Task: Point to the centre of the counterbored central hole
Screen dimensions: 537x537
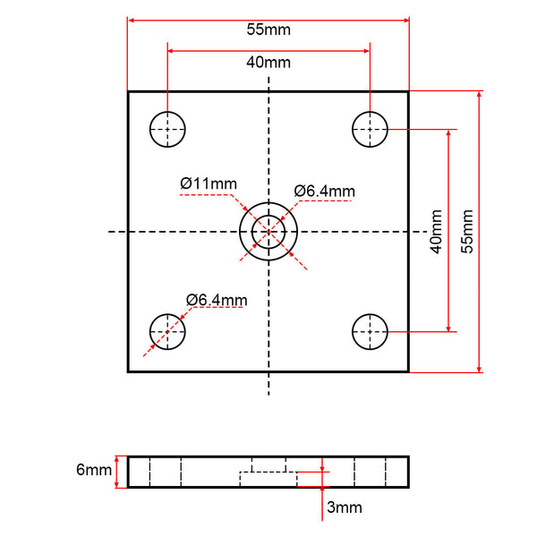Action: coord(268,232)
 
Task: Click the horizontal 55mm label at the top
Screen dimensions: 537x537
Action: coord(268,30)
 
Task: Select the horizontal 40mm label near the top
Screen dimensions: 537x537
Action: coord(268,63)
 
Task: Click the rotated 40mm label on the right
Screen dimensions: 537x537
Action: coord(436,232)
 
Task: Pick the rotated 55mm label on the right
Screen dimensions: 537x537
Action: coord(467,232)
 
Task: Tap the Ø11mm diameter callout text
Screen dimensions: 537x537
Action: coord(209,183)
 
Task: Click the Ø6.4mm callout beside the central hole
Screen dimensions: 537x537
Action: coord(324,192)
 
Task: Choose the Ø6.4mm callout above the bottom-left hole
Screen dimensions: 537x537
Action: coord(217,301)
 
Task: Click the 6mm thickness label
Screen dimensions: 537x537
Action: coord(94,470)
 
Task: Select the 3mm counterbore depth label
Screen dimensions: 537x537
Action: coord(345,507)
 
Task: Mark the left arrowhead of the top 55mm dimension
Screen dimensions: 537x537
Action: coord(132,21)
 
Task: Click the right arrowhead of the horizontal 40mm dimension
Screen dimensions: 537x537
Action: coord(366,51)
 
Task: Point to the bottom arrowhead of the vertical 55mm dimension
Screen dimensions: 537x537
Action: coord(479,369)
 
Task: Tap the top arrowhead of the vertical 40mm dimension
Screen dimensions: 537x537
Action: coord(448,133)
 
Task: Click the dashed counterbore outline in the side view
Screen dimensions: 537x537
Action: coord(268,473)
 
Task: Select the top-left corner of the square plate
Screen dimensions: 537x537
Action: coord(128,92)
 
